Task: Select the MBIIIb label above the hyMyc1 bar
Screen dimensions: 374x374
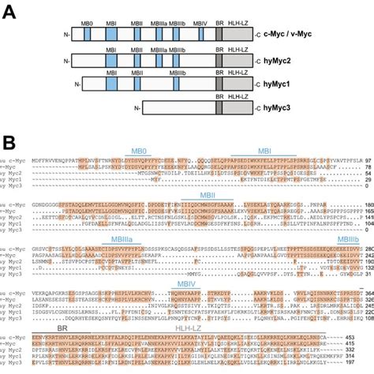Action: pos(163,73)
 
